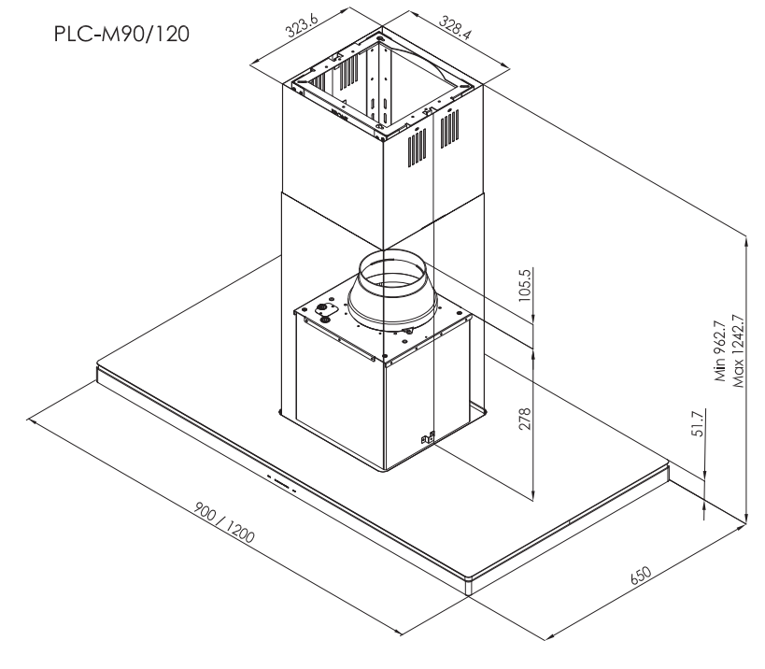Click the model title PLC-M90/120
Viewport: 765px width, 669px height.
tap(121, 35)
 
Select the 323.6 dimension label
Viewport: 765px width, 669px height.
tap(302, 25)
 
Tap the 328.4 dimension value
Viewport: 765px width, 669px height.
tap(456, 27)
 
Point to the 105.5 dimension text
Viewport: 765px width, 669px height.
tap(524, 285)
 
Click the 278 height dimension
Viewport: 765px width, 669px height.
tap(524, 419)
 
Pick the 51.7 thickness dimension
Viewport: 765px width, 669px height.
tap(698, 423)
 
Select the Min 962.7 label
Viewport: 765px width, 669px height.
tap(720, 350)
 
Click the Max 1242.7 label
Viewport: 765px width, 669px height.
tap(738, 350)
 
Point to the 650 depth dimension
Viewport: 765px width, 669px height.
tap(641, 576)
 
